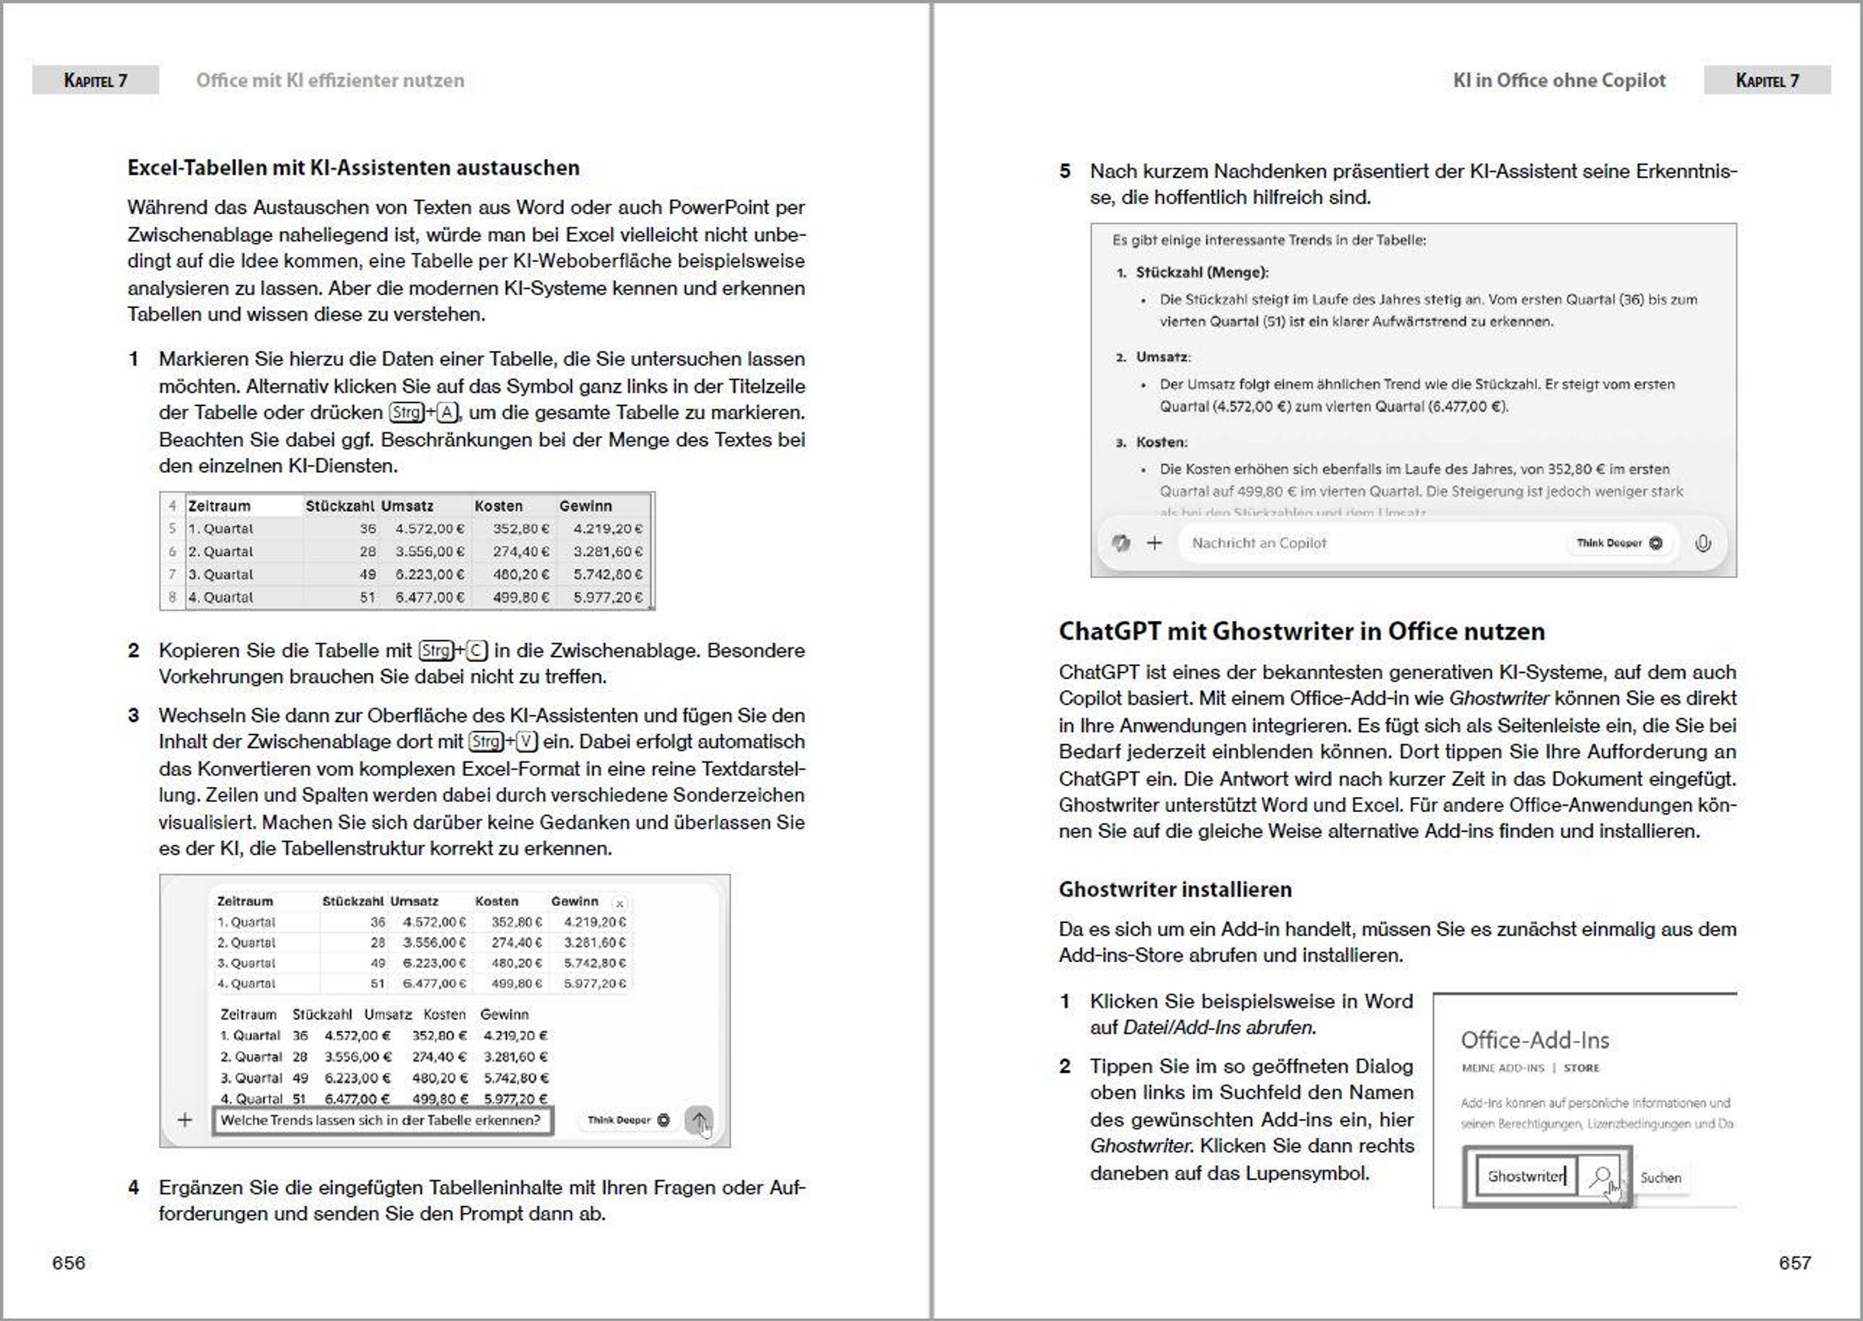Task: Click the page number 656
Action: [68, 1263]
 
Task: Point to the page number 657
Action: [1795, 1263]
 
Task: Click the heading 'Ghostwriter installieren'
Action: [1174, 889]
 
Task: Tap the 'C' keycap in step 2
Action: [477, 650]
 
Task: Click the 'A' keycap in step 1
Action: [446, 412]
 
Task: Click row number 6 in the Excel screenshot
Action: [172, 552]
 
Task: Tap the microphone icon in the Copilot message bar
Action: [1703, 543]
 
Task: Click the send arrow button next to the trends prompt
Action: [698, 1120]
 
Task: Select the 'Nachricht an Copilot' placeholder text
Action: [1258, 543]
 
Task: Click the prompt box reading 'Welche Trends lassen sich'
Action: [380, 1120]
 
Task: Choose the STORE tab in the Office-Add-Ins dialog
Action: [1581, 1068]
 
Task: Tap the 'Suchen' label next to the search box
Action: [1660, 1178]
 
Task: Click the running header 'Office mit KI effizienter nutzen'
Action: [331, 81]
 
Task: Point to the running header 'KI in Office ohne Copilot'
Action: [1559, 81]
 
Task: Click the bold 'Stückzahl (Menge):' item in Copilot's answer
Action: [1202, 272]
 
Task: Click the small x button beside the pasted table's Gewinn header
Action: [620, 903]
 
